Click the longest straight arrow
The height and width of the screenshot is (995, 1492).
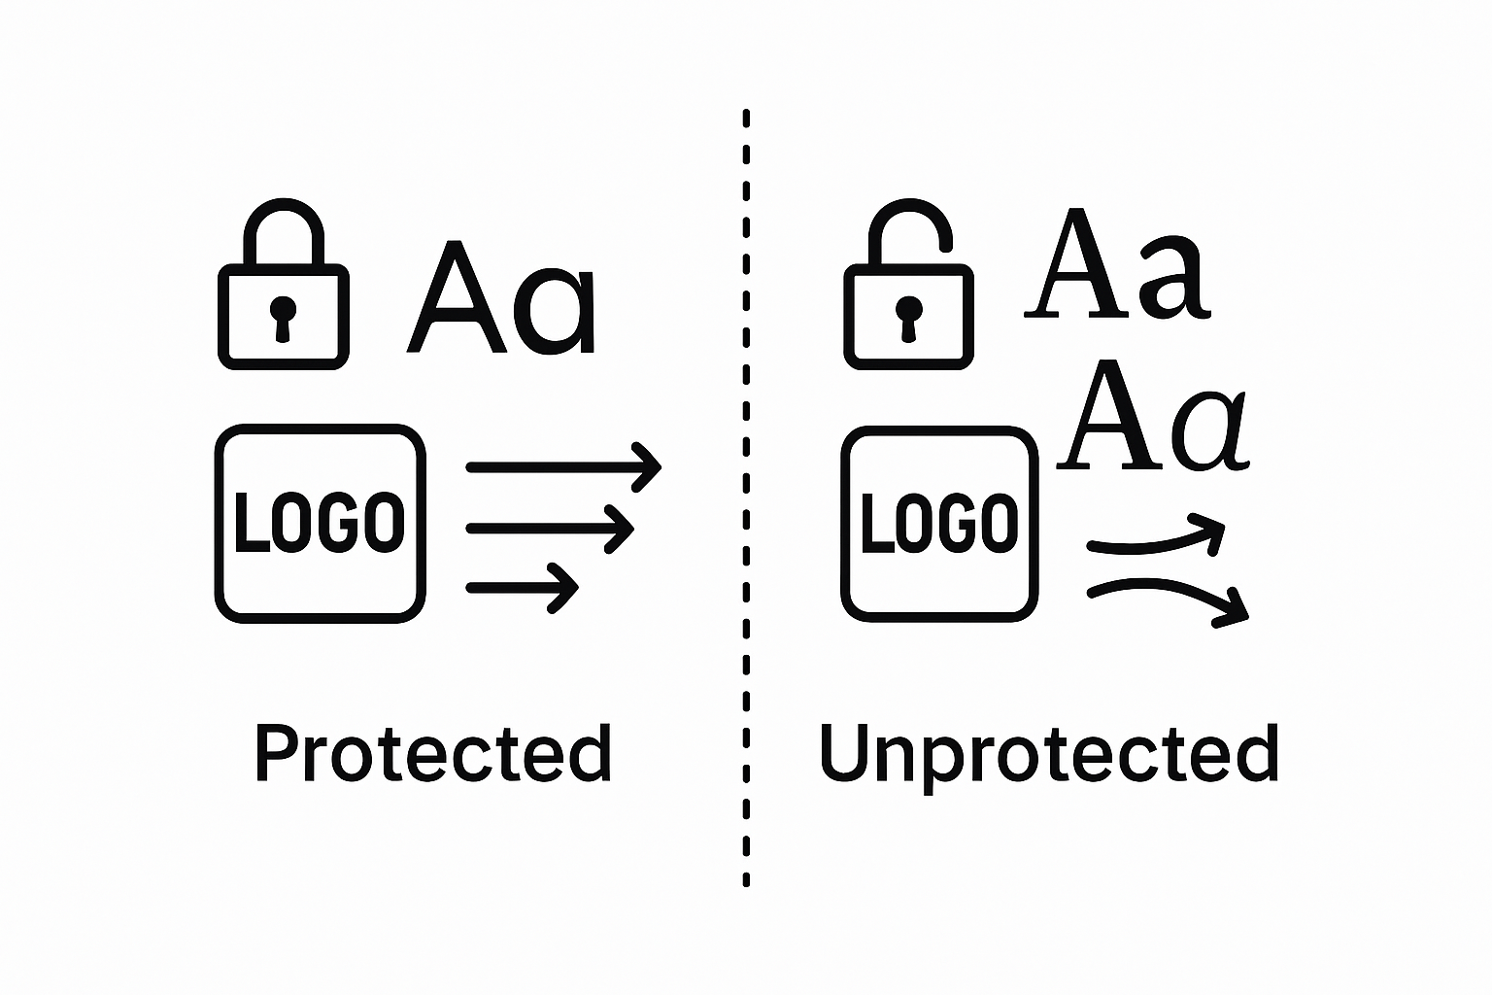click(x=563, y=467)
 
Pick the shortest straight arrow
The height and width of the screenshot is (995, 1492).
click(x=523, y=588)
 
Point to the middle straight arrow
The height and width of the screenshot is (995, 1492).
click(x=550, y=529)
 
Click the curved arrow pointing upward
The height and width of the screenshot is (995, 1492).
click(x=1156, y=540)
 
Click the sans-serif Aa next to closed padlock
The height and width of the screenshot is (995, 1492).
click(x=500, y=299)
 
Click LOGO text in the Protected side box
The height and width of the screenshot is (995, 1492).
click(x=320, y=523)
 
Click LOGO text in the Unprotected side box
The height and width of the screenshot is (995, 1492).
click(x=940, y=523)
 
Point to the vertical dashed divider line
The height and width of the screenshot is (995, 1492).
click(x=746, y=496)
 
